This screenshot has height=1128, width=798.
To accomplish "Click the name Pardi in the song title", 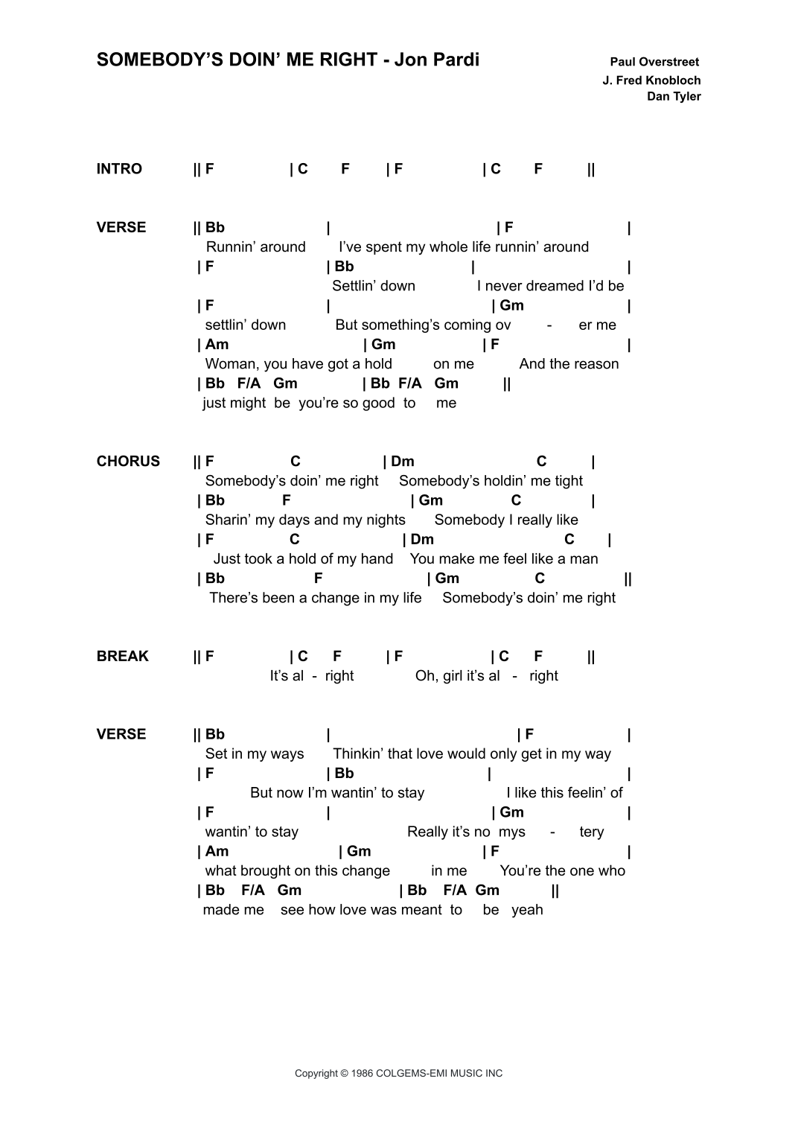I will [458, 60].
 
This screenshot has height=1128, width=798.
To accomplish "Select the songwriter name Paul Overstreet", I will [654, 62].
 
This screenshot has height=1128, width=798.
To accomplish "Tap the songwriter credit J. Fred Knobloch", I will [651, 80].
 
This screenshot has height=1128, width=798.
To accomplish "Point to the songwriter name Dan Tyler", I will [674, 96].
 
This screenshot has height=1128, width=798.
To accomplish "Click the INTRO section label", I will [119, 169].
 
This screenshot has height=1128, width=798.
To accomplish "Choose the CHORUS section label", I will [128, 462].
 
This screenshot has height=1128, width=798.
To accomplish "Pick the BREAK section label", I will [123, 657].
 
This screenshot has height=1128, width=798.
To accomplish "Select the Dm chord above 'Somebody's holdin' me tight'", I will [402, 462].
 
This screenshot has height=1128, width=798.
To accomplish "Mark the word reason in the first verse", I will [596, 364].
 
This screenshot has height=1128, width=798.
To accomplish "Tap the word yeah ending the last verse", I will [527, 910].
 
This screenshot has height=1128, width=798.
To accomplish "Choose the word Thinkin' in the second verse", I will [358, 754].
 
